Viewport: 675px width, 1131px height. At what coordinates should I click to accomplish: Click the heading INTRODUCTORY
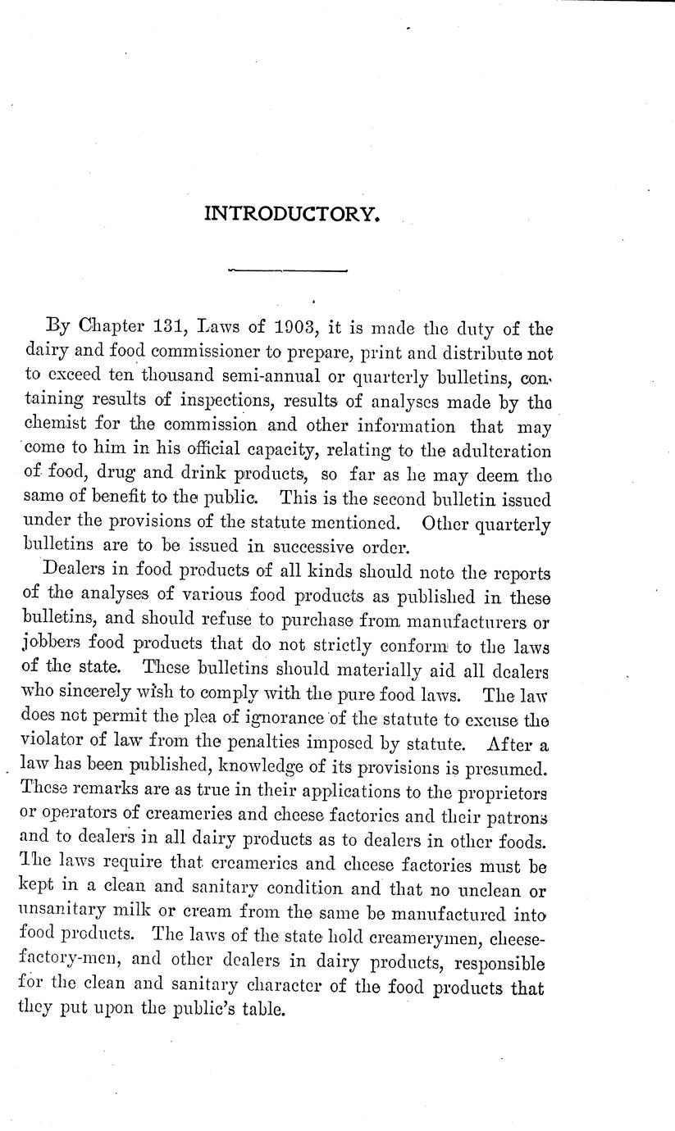click(x=291, y=215)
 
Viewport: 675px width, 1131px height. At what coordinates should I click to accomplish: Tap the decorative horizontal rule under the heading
click(x=289, y=270)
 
